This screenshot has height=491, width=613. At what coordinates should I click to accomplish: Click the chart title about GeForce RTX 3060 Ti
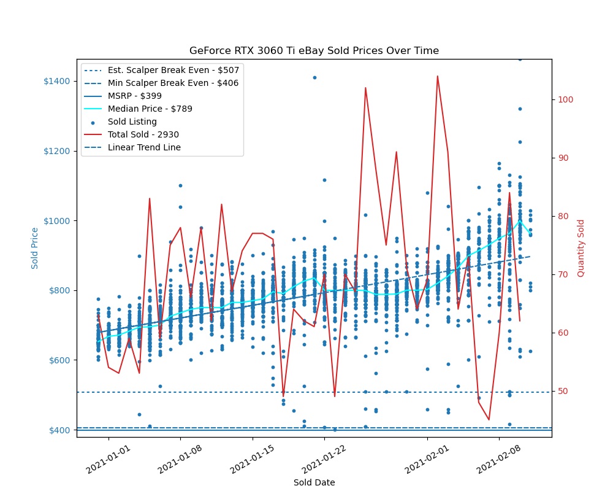314,51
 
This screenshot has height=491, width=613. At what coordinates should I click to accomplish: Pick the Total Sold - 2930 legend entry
143,134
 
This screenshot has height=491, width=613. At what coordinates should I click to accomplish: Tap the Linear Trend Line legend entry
144,147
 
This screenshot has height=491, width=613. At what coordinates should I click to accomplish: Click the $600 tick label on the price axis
59,360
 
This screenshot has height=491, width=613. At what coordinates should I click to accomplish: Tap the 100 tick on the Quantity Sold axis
564,99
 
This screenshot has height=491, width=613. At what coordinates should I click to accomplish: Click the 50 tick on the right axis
562,391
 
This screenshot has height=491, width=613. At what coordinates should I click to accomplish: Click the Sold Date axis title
314,482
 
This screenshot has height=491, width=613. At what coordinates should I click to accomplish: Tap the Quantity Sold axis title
581,248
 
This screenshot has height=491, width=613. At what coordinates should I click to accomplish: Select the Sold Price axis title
36,248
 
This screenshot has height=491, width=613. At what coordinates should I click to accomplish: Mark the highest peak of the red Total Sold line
437,76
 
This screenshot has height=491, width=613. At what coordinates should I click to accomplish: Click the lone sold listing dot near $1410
314,77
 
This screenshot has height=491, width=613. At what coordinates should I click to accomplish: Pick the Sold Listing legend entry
132,122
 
